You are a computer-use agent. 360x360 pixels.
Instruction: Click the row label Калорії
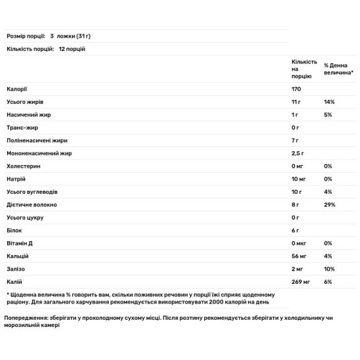[x=16, y=89]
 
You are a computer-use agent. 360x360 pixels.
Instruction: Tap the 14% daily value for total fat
[x=329, y=102]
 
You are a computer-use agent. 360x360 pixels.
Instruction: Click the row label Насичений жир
[x=25, y=115]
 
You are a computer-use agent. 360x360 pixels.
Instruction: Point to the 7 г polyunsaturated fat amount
[x=295, y=140]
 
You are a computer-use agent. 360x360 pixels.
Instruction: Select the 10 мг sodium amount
[x=299, y=179]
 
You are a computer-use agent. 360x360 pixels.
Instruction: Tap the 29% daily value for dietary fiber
[x=329, y=205]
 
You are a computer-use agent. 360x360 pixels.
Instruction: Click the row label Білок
[x=13, y=230]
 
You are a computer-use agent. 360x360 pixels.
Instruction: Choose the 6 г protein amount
[x=295, y=230]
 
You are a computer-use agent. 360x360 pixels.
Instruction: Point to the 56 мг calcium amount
[x=299, y=256]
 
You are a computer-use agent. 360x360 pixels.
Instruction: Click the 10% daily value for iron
[x=329, y=269]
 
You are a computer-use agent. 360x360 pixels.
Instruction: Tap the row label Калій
[x=14, y=281]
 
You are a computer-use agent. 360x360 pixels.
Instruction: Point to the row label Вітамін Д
[x=21, y=243]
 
